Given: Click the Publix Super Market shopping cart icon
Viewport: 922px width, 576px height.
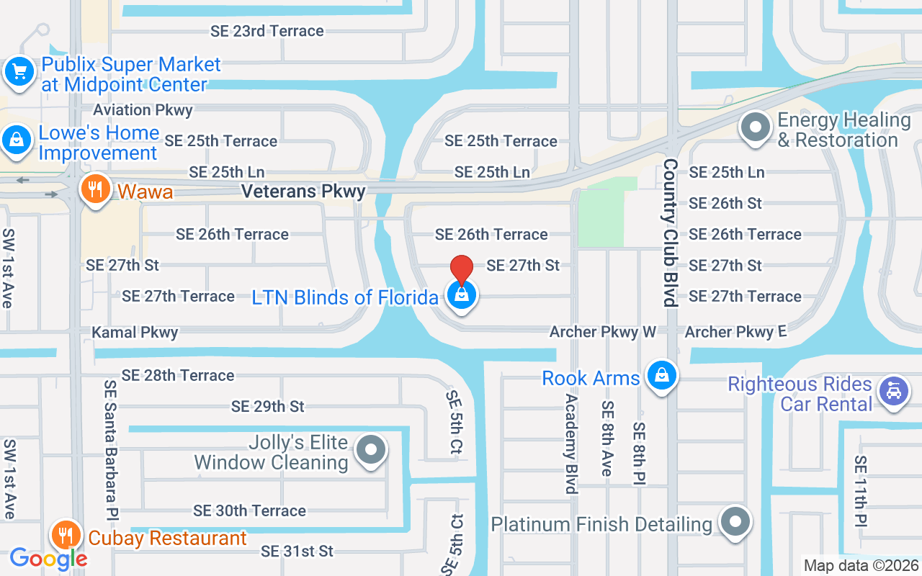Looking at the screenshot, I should click(x=19, y=72).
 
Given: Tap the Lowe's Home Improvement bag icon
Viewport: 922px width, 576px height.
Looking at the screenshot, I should click(x=16, y=140).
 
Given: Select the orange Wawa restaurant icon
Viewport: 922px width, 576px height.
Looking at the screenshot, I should click(x=94, y=189).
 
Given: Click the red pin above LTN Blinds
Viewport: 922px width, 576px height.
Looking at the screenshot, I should click(x=462, y=271).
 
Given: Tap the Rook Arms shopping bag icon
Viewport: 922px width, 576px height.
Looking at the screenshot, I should click(x=661, y=375).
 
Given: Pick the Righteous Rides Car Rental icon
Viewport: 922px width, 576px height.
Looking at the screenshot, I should click(x=894, y=392).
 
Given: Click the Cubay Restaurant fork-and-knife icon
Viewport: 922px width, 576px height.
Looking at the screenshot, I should click(x=66, y=536).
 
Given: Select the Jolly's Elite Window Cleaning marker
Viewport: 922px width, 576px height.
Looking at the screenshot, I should click(x=372, y=451).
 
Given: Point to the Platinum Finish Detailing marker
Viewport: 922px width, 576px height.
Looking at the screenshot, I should click(x=735, y=521).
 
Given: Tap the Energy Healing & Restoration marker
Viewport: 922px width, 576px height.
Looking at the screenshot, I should click(x=756, y=128).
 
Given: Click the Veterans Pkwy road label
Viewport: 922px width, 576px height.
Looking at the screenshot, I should click(x=303, y=192).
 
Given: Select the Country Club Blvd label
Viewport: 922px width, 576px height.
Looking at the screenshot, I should click(x=671, y=233).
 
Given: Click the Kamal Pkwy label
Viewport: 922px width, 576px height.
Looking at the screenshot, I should click(x=135, y=333).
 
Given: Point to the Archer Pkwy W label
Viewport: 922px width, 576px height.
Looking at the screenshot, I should click(x=603, y=332).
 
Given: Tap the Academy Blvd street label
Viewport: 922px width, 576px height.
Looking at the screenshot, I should click(x=572, y=444).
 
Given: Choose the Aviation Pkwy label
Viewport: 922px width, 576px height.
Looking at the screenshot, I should click(x=143, y=110).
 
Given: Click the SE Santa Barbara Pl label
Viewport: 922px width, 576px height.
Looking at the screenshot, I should click(x=111, y=444).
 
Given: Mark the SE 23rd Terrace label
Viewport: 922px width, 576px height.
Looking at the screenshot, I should click(x=267, y=31).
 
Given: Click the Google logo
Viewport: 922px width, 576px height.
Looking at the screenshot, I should click(x=48, y=558).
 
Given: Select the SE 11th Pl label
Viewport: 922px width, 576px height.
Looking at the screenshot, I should click(x=861, y=491).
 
